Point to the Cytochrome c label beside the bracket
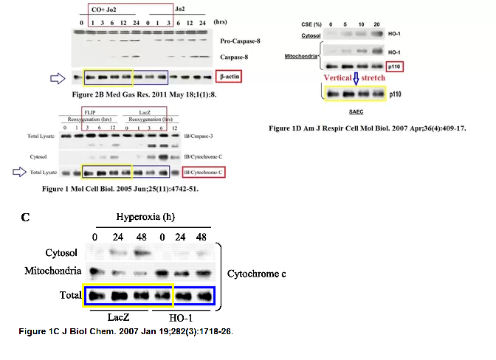coord(256,273)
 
